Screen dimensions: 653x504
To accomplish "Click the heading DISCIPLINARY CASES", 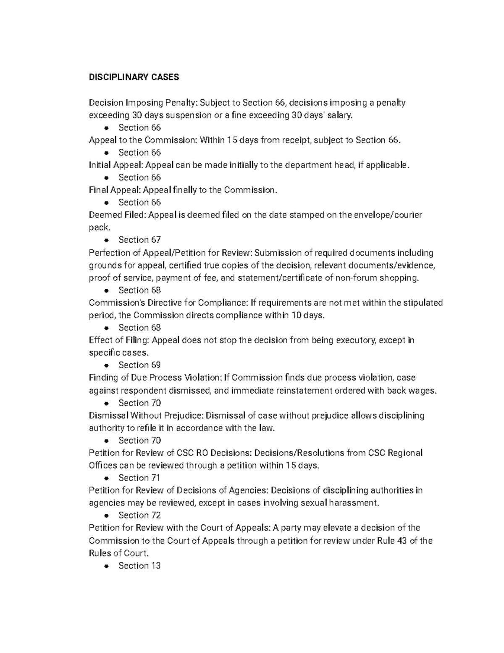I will pyautogui.click(x=134, y=77).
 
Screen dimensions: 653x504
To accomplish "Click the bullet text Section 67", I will pyautogui.click(x=139, y=240).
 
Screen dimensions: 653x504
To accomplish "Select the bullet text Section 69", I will pyautogui.click(x=139, y=365).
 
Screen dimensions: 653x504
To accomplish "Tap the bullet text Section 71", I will pyautogui.click(x=139, y=478).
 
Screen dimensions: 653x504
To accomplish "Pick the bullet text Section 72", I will pyautogui.click(x=139, y=515).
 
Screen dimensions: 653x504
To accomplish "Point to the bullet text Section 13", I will pyautogui.click(x=139, y=566).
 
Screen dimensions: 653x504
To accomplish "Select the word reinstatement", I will pyautogui.click(x=304, y=390).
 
